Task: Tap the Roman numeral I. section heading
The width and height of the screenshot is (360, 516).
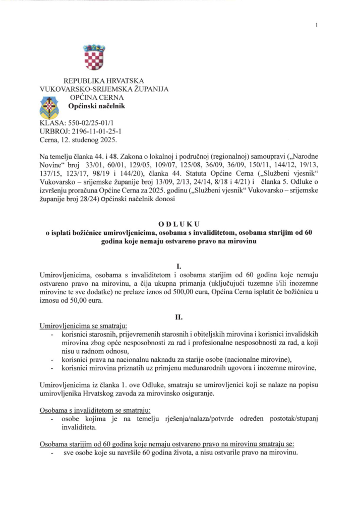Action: (179, 265)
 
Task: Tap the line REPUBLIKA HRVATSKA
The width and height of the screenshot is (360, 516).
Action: (103, 81)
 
